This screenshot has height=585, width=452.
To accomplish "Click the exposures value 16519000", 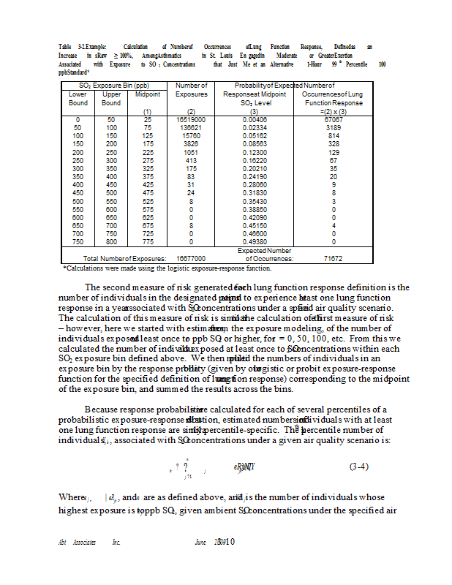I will pos(192,118).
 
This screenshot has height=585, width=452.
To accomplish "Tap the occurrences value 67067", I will pos(333,118).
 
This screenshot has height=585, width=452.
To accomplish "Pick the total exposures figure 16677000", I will pos(191,258).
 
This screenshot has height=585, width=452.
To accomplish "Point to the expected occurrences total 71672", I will pos(333,258).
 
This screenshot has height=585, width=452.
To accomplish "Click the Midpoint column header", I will pos(148,94).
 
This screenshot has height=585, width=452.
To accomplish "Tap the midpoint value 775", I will pos(148,242).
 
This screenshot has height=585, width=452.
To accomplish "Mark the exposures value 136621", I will pos(192,127).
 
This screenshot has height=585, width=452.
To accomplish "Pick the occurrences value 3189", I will pos(333,127).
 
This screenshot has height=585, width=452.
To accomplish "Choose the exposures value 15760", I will pos(192,135).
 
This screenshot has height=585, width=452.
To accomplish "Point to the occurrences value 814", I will pos(333,135).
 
